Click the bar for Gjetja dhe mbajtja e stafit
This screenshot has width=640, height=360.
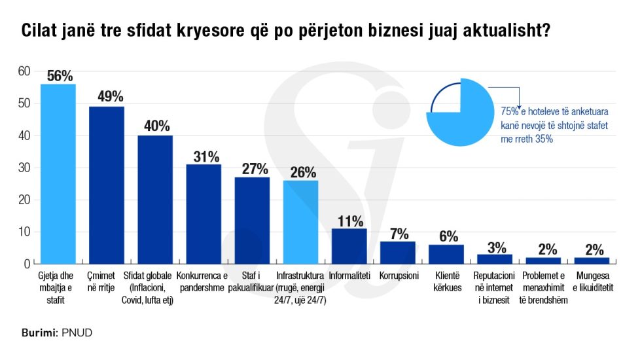click(x=58, y=173)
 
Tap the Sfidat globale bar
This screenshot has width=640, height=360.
click(x=155, y=199)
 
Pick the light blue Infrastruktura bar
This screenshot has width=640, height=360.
click(x=300, y=222)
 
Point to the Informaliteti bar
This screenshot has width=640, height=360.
click(x=349, y=246)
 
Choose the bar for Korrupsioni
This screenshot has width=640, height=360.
click(x=398, y=253)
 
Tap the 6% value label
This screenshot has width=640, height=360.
click(x=446, y=236)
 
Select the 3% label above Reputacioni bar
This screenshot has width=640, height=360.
click(x=495, y=247)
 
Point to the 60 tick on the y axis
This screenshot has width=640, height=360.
click(x=24, y=71)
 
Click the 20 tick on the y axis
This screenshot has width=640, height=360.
click(x=24, y=200)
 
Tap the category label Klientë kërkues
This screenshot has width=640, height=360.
click(x=446, y=281)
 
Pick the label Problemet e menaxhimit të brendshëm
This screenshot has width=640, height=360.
click(x=543, y=288)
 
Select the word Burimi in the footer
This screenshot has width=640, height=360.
click(x=38, y=333)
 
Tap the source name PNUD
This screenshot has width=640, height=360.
click(x=77, y=333)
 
